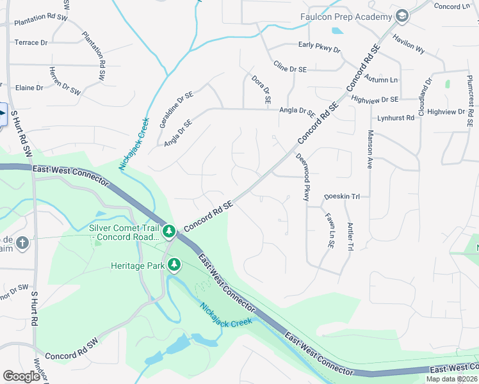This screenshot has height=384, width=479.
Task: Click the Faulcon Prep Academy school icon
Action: [x=402, y=16]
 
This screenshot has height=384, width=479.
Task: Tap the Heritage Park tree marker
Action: [x=174, y=264]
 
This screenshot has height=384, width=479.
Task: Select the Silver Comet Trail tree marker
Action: [x=168, y=230]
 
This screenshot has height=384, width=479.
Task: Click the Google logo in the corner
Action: [x=22, y=376]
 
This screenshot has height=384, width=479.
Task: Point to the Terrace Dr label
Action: [x=31, y=42]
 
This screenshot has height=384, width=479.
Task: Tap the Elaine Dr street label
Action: [x=29, y=87]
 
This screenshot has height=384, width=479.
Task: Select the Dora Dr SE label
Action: [x=261, y=90]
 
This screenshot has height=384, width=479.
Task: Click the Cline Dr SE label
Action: [x=291, y=66]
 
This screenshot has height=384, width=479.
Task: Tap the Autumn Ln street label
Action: [x=381, y=79]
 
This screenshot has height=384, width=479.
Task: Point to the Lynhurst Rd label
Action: [x=396, y=118]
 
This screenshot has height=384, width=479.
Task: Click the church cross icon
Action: [x=22, y=243]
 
